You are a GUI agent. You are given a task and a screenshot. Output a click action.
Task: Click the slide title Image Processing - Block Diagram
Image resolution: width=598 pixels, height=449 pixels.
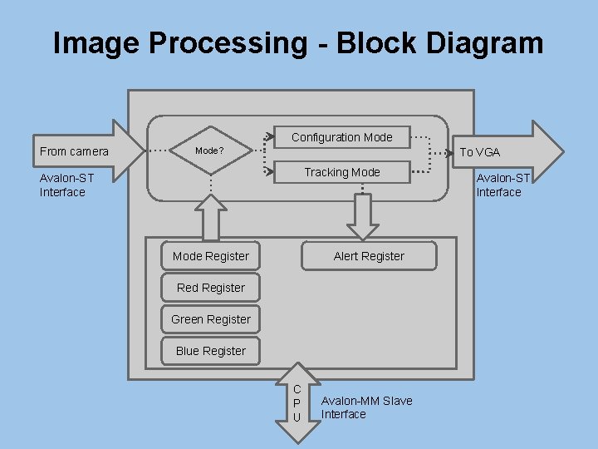[298, 43]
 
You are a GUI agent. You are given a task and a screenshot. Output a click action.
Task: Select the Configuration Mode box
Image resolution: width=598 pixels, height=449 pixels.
[341, 137]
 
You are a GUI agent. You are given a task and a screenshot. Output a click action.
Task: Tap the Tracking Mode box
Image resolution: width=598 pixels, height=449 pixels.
[341, 172]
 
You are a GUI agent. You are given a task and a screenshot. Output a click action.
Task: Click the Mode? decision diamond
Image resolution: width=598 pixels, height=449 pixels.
[210, 151]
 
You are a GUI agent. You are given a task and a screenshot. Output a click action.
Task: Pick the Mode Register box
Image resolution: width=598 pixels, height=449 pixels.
[211, 256]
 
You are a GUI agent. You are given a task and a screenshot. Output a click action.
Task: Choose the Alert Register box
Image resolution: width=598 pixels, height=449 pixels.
[369, 256]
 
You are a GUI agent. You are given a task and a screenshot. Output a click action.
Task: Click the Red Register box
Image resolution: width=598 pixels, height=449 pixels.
[211, 288]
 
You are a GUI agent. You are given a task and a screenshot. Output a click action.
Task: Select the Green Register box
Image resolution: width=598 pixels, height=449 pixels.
[211, 319]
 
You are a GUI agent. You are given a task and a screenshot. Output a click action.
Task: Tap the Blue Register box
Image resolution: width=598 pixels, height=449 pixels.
[211, 351]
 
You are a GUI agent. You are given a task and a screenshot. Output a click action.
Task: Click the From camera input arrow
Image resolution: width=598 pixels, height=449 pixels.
[83, 150]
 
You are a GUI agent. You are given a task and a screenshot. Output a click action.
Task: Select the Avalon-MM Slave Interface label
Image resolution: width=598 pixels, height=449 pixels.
[366, 407]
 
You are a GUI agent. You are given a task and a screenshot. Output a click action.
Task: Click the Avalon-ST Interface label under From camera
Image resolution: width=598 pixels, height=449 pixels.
[66, 185]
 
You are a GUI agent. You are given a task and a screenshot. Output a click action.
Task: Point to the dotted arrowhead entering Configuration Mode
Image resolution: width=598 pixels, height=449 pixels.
[269, 135]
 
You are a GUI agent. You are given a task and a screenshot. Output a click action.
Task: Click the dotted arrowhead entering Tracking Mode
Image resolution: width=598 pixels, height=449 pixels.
[269, 171]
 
